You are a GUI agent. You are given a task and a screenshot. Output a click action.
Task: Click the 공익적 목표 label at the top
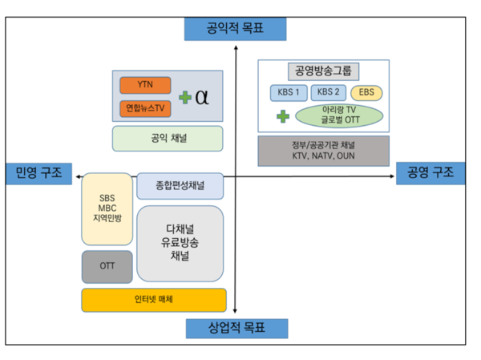point(235,30)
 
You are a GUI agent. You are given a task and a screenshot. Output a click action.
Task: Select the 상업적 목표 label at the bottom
point(236,329)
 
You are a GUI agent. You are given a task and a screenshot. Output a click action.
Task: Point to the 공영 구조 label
point(430,172)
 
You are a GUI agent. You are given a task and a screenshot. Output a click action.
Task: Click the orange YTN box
point(145,85)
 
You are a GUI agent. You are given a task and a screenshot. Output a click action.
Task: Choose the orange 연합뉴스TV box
point(145,107)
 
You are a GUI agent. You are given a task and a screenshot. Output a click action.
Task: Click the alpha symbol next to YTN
point(202,96)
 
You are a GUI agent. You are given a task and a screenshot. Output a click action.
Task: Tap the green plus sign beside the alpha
point(185,97)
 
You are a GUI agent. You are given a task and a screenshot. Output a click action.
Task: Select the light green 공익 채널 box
point(167,138)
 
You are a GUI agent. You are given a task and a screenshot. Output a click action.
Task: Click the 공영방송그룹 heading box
point(323,71)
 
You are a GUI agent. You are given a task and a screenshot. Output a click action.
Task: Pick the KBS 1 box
point(288,93)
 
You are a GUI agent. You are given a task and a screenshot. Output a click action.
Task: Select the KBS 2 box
point(327,93)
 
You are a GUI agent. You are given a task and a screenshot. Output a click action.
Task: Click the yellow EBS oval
point(366,93)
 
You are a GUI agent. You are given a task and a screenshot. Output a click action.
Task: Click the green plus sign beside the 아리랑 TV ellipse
point(282,116)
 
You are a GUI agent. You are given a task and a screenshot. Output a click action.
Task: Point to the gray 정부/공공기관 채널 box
point(323,151)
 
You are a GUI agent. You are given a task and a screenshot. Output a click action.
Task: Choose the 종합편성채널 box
point(180,185)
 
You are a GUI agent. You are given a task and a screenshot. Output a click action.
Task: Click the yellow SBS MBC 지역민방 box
point(107,208)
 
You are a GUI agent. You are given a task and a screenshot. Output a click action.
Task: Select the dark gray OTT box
point(107,266)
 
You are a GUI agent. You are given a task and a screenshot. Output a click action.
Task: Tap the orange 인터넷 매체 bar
point(152,300)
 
